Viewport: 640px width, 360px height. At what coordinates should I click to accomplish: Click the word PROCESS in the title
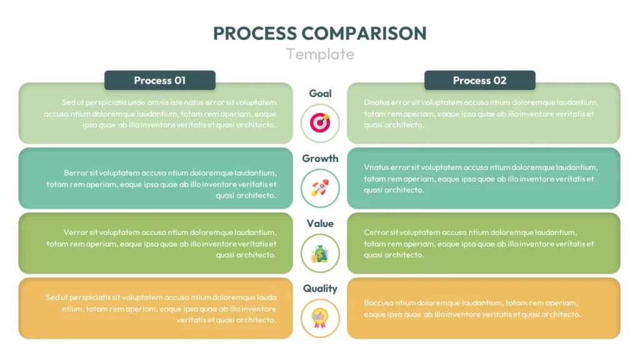[x=254, y=33]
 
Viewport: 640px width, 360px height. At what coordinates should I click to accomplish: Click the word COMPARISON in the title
[x=364, y=33]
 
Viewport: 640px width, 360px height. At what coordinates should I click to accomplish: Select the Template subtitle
[x=320, y=54]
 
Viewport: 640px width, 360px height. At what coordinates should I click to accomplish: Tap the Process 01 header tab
[x=160, y=80]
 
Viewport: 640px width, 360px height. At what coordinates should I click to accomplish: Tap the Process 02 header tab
[x=479, y=80]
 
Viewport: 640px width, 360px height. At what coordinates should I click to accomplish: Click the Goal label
[x=320, y=93]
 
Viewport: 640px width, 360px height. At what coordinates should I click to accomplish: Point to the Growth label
[x=320, y=158]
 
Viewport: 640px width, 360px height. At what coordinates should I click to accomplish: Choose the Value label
[x=320, y=223]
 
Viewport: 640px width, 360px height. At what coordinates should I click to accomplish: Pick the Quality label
[x=320, y=288]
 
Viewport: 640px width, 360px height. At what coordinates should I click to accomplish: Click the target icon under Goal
[x=320, y=122]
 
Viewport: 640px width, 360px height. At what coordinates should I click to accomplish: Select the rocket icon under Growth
[x=320, y=187]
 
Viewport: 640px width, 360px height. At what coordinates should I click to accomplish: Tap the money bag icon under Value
[x=320, y=252]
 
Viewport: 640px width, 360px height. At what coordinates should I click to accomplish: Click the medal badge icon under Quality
[x=320, y=317]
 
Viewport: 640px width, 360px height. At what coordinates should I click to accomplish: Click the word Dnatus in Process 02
[x=377, y=102]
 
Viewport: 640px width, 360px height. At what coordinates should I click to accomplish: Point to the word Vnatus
[x=377, y=167]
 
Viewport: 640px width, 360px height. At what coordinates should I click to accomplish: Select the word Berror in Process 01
[x=76, y=172]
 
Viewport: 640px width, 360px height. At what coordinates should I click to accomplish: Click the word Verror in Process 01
[x=76, y=232]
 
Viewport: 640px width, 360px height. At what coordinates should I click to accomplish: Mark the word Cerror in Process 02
[x=376, y=232]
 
